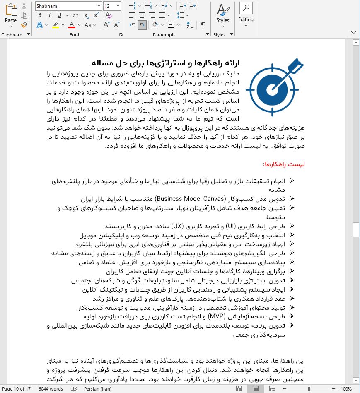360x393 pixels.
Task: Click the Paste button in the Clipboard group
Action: point(11,15)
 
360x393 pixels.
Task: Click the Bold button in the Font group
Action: point(40,15)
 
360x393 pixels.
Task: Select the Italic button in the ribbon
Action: point(50,15)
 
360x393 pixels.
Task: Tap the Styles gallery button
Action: point(222,14)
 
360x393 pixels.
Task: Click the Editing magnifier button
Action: point(246,14)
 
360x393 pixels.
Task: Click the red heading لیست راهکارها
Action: point(284,164)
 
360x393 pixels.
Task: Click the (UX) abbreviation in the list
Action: point(177,226)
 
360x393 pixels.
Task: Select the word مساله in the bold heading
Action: point(102,63)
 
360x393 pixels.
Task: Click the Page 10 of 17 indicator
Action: point(17,389)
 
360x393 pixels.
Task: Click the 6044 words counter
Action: point(51,389)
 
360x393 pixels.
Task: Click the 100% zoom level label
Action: point(346,389)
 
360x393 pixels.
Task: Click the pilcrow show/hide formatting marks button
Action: point(203,25)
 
